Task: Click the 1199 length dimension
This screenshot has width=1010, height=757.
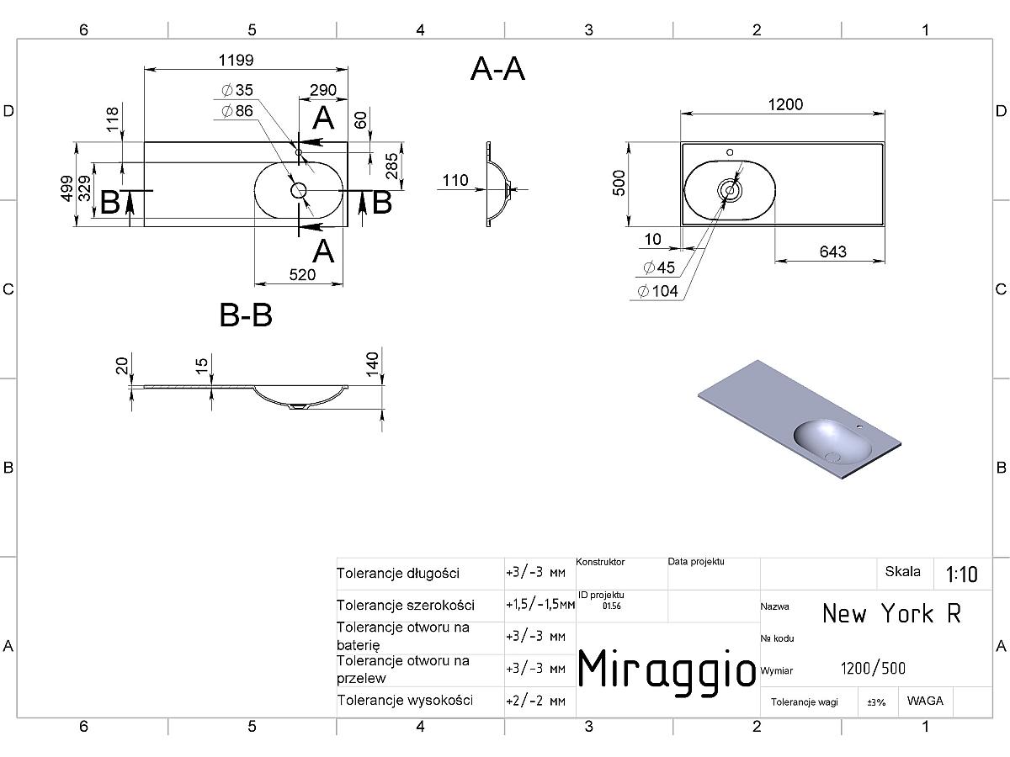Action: click(x=236, y=61)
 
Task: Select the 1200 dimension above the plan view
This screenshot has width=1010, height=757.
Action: click(x=785, y=105)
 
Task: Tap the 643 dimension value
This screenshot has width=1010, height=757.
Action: click(x=833, y=251)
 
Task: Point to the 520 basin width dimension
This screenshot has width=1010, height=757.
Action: click(x=302, y=275)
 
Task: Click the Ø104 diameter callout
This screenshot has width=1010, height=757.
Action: click(x=658, y=291)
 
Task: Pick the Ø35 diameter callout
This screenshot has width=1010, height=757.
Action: click(x=237, y=90)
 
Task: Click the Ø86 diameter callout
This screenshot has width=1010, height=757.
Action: click(x=237, y=111)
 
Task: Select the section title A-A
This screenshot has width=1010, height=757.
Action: click(x=497, y=70)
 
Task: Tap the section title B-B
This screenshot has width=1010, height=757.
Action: click(x=246, y=315)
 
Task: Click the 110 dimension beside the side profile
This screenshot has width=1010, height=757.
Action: click(x=455, y=180)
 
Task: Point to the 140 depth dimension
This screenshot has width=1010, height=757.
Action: click(x=372, y=364)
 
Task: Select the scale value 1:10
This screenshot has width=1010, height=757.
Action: click(x=962, y=574)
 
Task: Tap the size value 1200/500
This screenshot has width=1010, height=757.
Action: click(x=873, y=669)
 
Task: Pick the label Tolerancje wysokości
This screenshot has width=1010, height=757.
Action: click(x=405, y=701)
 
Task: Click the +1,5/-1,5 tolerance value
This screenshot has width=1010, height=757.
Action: click(x=540, y=605)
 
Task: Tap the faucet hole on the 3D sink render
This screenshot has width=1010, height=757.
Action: click(x=859, y=427)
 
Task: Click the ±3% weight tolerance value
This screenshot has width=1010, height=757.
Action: click(x=876, y=702)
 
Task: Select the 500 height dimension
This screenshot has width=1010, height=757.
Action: click(x=619, y=183)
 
